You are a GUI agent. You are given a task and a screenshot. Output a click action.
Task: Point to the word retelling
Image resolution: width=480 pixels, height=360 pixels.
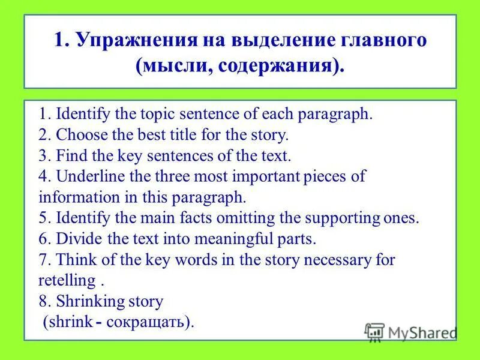point(67,280)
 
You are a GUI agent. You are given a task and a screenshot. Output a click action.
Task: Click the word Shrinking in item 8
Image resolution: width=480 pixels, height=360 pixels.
point(89,301)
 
